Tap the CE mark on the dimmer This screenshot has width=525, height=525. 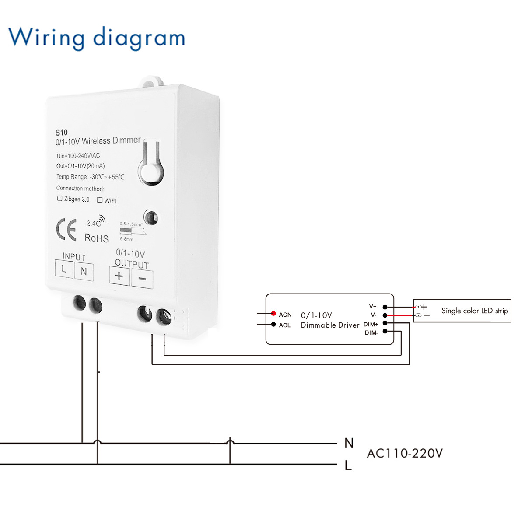tap(66, 230)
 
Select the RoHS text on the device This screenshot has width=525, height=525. tap(96, 238)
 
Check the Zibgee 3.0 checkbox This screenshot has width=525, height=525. tap(60, 199)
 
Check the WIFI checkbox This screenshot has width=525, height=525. tap(100, 200)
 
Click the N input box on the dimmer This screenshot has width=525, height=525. tap(84, 271)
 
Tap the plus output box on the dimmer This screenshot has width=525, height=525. tap(119, 276)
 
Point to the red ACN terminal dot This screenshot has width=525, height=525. tap(273, 314)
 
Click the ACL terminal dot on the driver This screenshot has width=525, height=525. tap(273, 325)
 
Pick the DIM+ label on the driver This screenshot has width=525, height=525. tap(371, 324)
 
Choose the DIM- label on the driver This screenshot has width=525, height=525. tap(371, 333)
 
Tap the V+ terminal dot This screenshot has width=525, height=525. tap(385, 307)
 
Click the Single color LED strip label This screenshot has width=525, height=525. tap(474, 311)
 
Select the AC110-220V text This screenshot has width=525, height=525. tap(405, 453)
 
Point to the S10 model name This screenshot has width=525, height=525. tap(61, 133)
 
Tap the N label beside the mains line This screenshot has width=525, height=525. tap(349, 443)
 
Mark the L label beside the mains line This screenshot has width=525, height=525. tap(348, 465)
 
